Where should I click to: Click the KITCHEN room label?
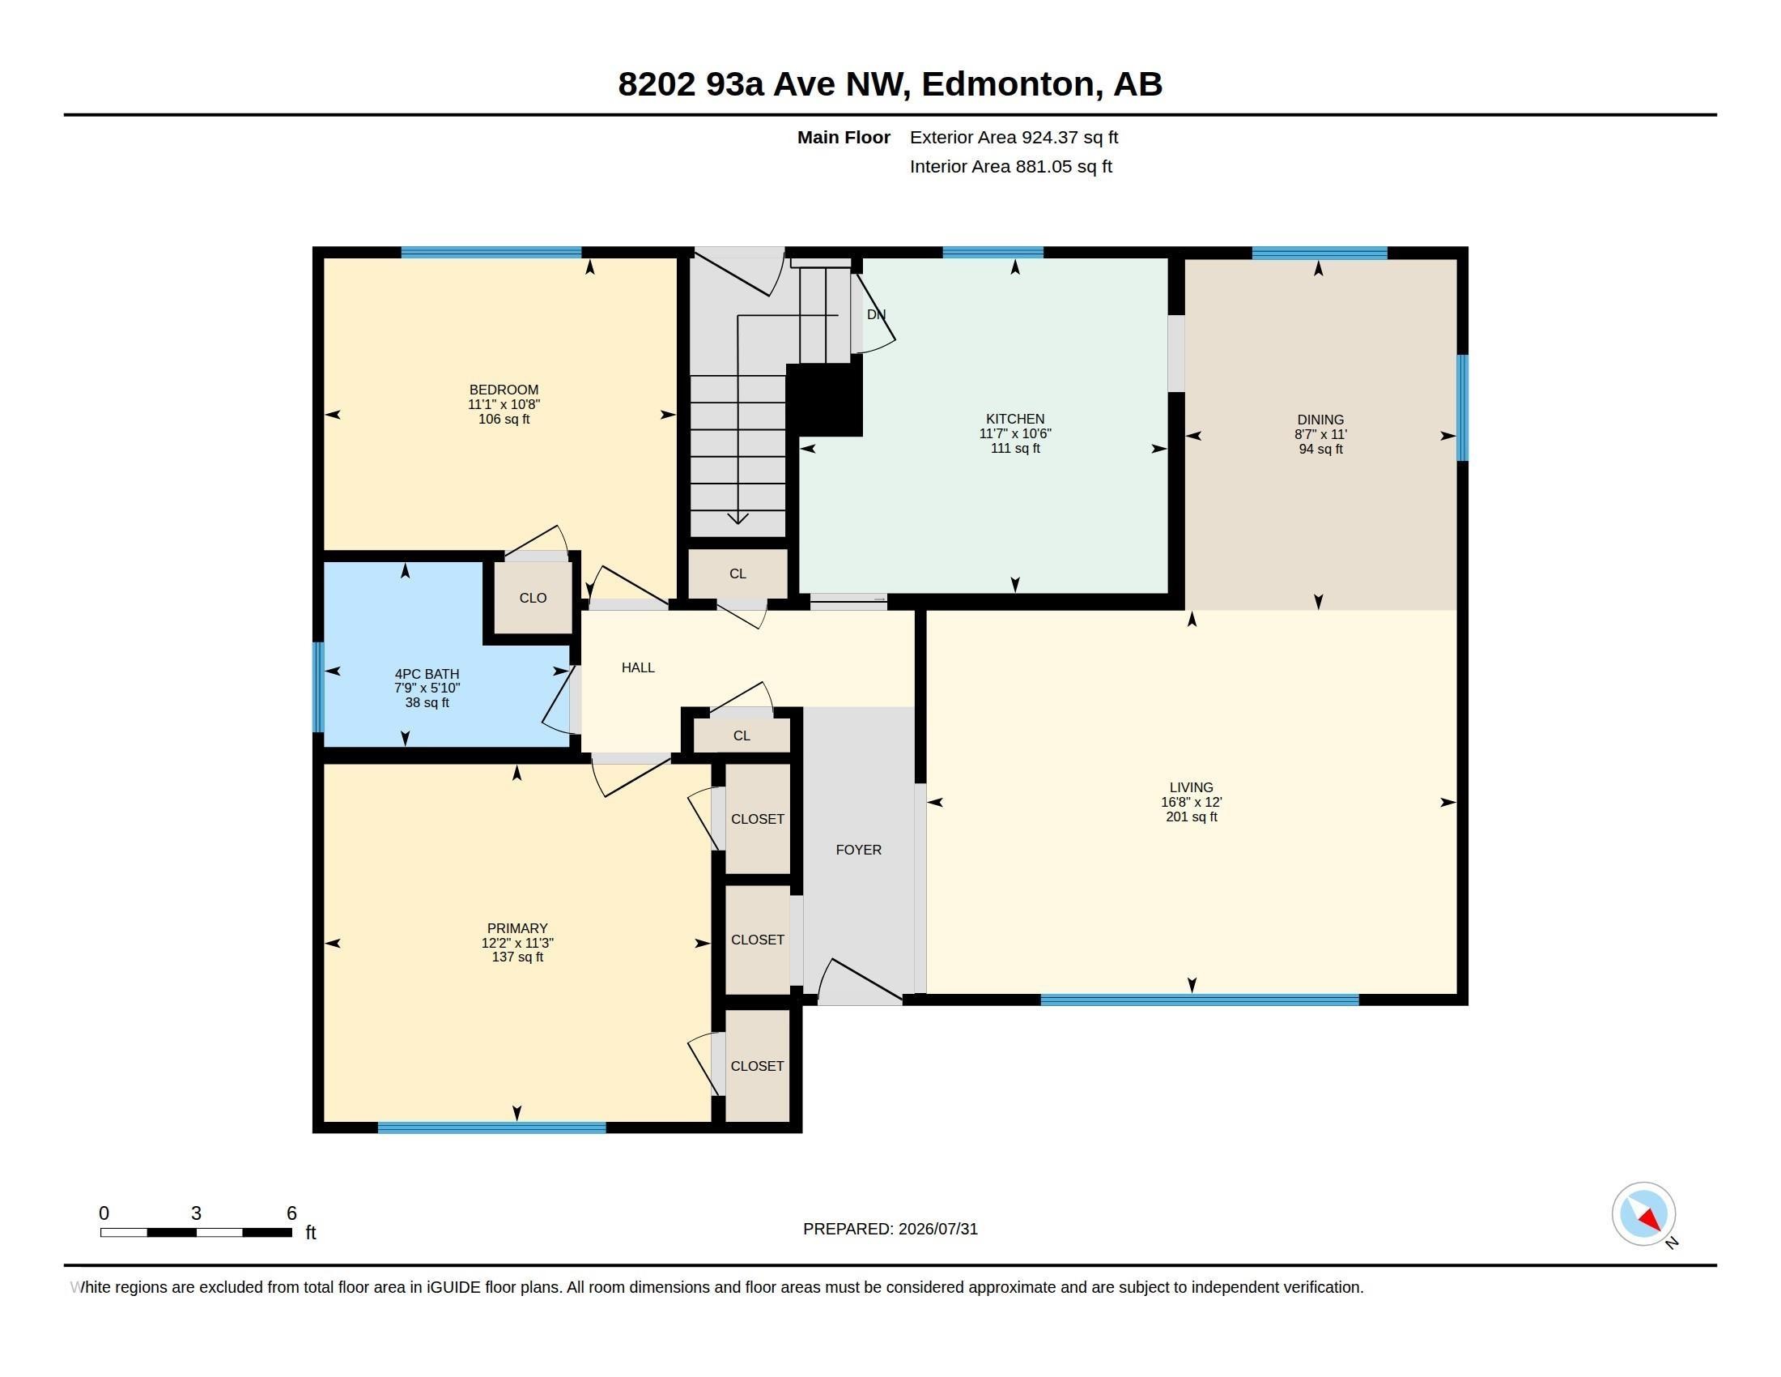coord(1014,419)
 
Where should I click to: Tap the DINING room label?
coord(1320,420)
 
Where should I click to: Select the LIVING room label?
coord(1192,787)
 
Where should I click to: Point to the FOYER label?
coord(859,850)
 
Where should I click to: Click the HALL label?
coord(638,667)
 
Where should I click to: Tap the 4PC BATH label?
coord(427,674)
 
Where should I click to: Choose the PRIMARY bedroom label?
coord(517,928)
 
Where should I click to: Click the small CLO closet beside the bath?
coord(533,598)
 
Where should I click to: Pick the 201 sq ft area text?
coord(1192,816)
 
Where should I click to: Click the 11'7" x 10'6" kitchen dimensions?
coord(1014,433)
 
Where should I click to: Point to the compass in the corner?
coord(1643,1214)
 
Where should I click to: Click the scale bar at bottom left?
coord(196,1232)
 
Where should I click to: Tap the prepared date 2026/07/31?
coord(937,1229)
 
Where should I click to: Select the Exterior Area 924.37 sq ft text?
coord(1014,137)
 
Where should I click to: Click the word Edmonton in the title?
coord(1007,84)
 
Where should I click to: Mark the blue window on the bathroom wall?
coord(319,687)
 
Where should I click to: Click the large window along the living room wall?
coord(1199,1000)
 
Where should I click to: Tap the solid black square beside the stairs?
coord(824,399)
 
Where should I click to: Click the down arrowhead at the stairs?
coord(737,518)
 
